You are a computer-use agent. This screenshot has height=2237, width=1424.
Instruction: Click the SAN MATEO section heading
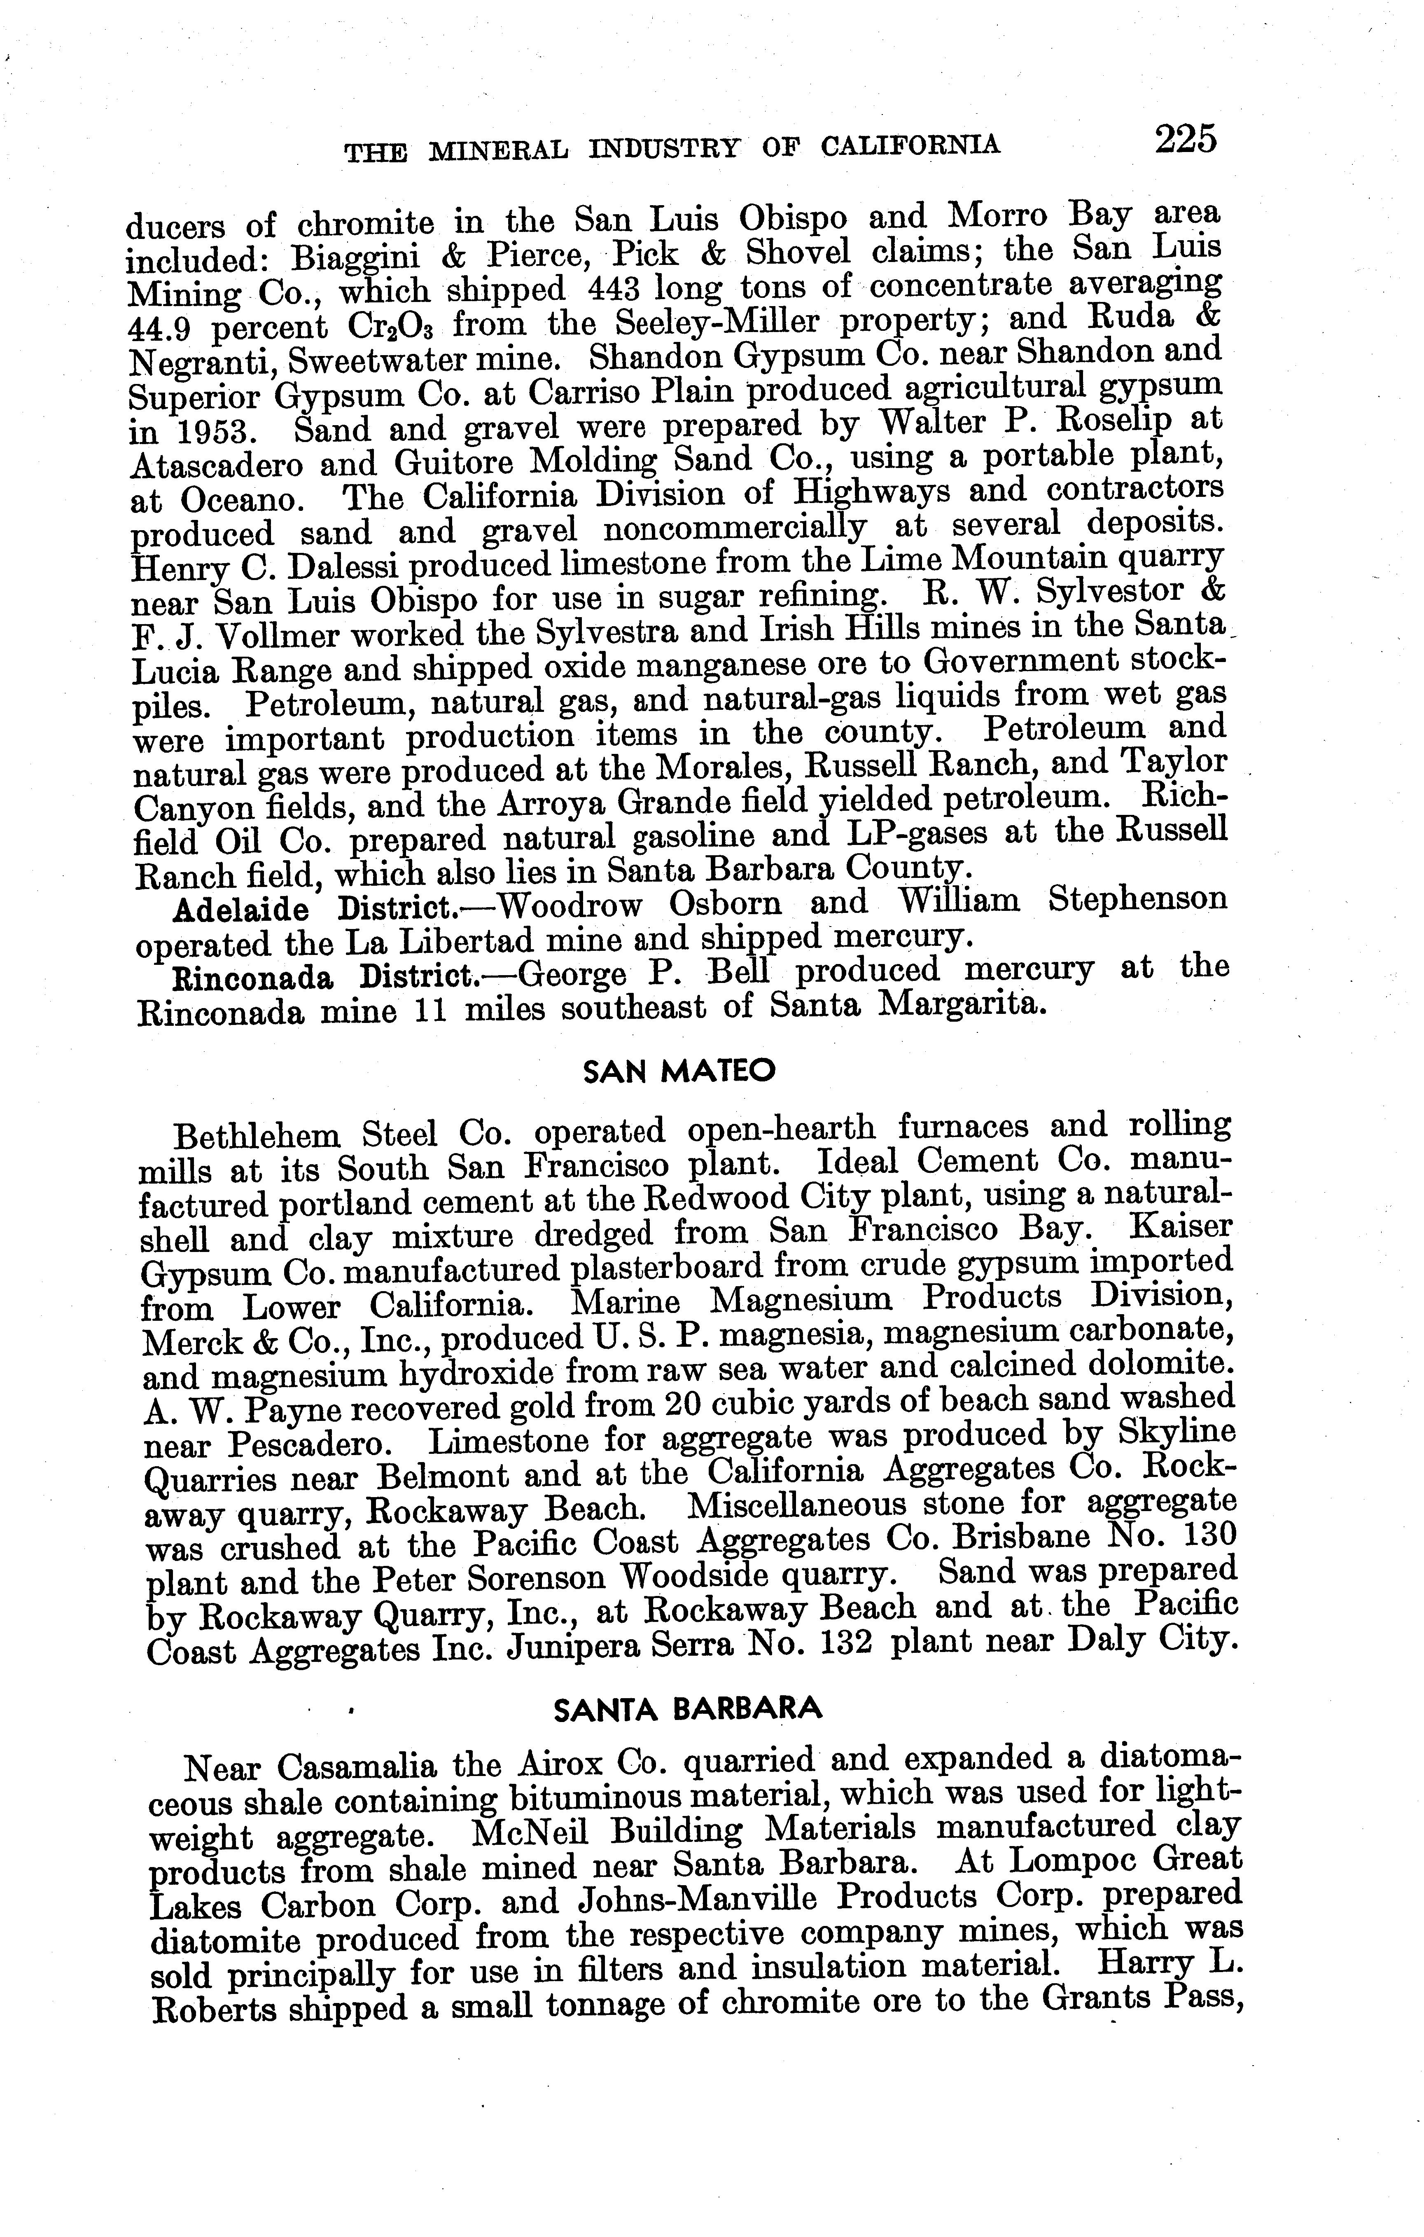[678, 1071]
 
